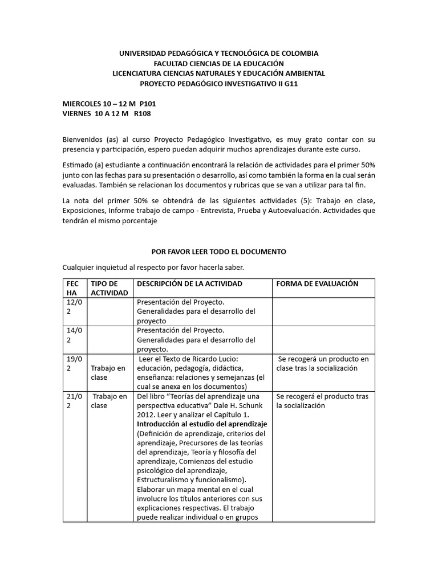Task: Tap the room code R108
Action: (x=143, y=114)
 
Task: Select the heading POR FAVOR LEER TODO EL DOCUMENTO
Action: (x=218, y=251)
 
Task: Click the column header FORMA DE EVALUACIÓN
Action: (x=317, y=284)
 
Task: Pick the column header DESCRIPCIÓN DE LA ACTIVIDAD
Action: (x=189, y=284)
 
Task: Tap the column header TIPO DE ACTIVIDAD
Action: (x=104, y=288)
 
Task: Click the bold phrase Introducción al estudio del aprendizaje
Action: (x=202, y=425)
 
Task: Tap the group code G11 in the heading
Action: (x=288, y=83)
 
